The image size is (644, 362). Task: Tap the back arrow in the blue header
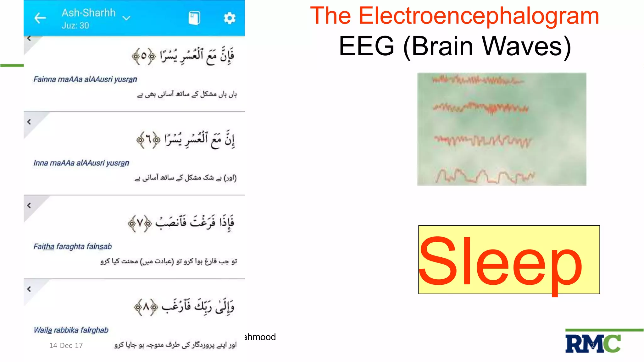click(40, 18)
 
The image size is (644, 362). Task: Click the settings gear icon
click(230, 18)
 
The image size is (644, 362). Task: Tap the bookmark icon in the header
click(194, 18)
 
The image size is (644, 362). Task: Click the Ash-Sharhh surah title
click(89, 13)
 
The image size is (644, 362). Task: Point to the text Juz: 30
click(75, 25)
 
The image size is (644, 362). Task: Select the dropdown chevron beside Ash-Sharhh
click(126, 18)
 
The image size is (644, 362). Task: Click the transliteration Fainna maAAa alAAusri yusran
click(85, 79)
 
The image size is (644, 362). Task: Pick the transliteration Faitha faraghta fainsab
click(73, 246)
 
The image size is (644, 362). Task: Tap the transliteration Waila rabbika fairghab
click(71, 330)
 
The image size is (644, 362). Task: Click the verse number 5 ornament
click(144, 56)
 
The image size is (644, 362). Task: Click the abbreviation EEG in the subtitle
click(366, 46)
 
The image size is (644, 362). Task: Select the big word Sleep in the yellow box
click(501, 261)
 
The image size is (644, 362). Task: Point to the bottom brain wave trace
click(484, 176)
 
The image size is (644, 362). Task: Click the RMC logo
click(593, 343)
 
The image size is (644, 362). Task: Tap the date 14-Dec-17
click(66, 345)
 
